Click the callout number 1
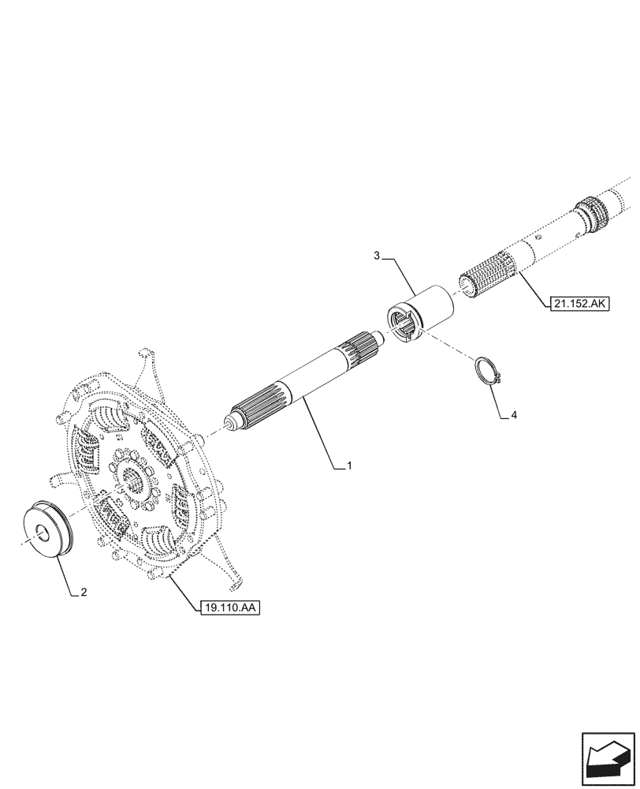(348, 467)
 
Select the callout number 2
(84, 593)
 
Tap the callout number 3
(377, 256)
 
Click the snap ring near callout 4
(488, 372)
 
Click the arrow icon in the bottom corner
(608, 758)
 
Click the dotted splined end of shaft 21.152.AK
(487, 274)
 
